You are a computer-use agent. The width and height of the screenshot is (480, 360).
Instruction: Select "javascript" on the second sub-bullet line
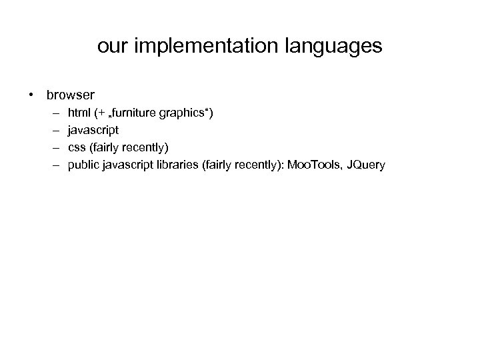click(x=93, y=131)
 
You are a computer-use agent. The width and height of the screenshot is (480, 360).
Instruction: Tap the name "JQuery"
click(x=366, y=164)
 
